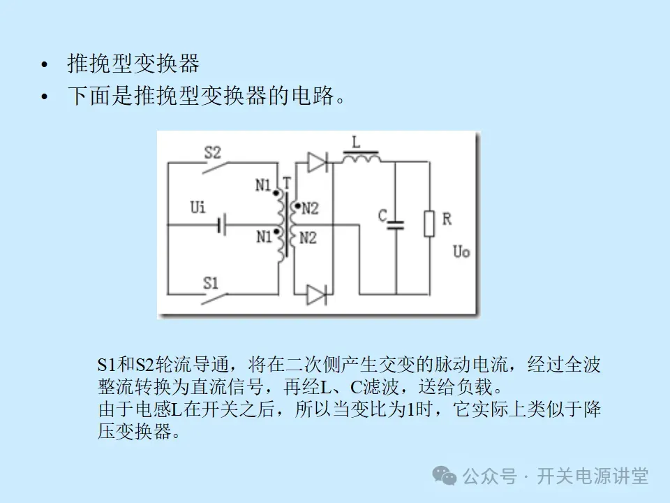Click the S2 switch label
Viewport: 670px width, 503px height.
click(212, 151)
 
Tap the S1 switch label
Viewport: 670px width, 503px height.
click(211, 283)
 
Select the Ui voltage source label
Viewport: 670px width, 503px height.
click(198, 208)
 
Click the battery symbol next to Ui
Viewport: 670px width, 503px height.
click(221, 225)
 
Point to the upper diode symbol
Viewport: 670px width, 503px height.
click(317, 163)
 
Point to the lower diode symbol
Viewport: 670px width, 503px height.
click(317, 295)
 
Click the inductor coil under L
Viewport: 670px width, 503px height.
click(360, 159)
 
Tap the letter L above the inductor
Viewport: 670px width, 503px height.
click(356, 143)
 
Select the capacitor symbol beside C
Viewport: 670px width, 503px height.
click(396, 225)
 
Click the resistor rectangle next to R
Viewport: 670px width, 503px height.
click(429, 224)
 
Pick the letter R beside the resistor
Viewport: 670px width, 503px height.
click(447, 219)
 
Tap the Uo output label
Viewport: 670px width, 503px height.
click(461, 251)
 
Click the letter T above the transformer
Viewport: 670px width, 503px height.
click(287, 181)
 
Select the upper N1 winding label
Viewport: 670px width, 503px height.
click(263, 185)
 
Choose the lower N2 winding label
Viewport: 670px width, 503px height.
click(308, 238)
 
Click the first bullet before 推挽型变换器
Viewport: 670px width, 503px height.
click(45, 65)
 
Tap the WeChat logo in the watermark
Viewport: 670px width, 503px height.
click(445, 476)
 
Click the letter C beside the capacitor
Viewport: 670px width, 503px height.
click(382, 216)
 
